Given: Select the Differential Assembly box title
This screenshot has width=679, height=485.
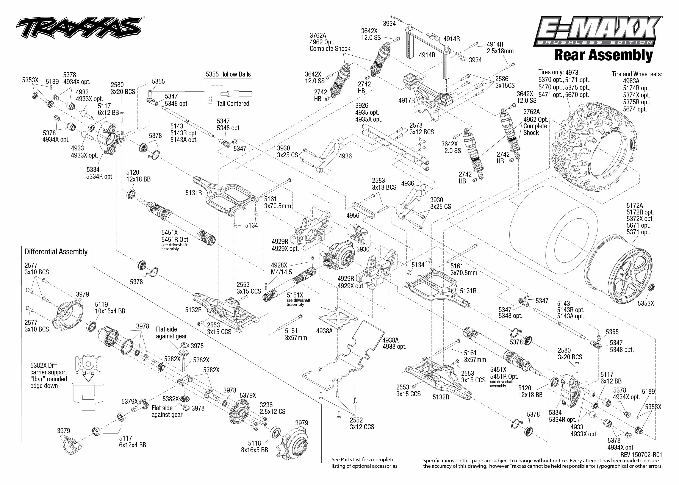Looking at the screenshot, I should pos(56,252).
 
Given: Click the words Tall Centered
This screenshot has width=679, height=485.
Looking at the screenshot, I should pos(233,104).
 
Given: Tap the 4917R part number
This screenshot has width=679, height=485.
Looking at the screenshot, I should pos(406,100).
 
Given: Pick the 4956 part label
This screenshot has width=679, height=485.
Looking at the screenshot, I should pos(353,215).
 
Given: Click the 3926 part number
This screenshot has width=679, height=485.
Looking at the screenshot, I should pos(362,106).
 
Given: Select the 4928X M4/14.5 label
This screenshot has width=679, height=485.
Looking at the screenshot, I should pos(281,269).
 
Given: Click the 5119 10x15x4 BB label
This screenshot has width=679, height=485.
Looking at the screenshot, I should pos(110,308).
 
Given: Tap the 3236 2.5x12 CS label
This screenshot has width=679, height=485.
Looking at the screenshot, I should pos(272,408).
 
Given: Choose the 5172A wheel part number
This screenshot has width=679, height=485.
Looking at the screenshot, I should pos(635,206).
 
